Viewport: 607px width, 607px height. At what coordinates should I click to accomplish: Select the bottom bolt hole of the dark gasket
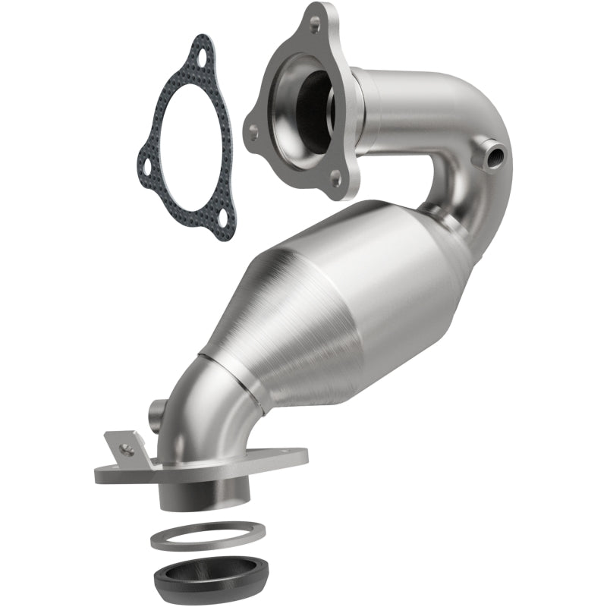coord(222,223)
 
